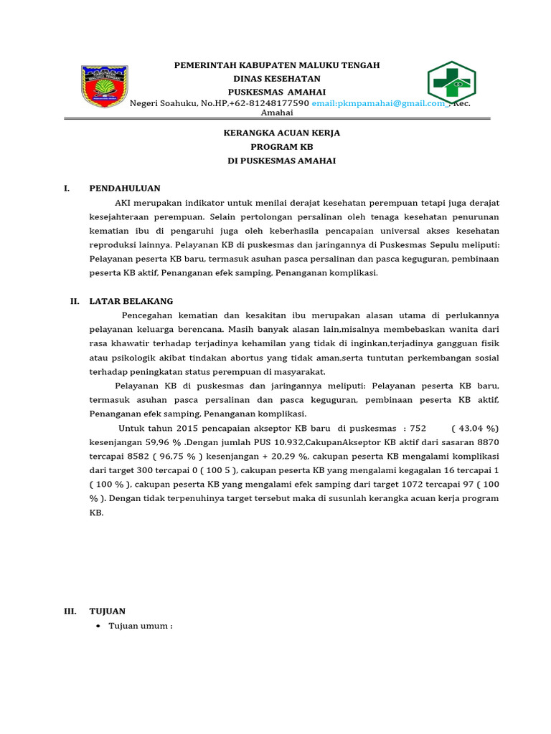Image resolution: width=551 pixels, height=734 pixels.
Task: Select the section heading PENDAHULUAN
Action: tap(125, 189)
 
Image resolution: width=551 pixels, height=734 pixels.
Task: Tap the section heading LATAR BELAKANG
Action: tap(131, 302)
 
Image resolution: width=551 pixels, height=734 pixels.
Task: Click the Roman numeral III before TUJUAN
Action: tap(70, 611)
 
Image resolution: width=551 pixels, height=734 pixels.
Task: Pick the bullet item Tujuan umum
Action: tap(141, 626)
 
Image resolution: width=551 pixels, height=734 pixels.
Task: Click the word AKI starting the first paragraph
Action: tap(123, 203)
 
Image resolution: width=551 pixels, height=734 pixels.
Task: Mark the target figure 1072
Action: tap(413, 485)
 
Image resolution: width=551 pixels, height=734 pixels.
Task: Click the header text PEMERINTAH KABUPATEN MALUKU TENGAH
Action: tap(277, 65)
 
